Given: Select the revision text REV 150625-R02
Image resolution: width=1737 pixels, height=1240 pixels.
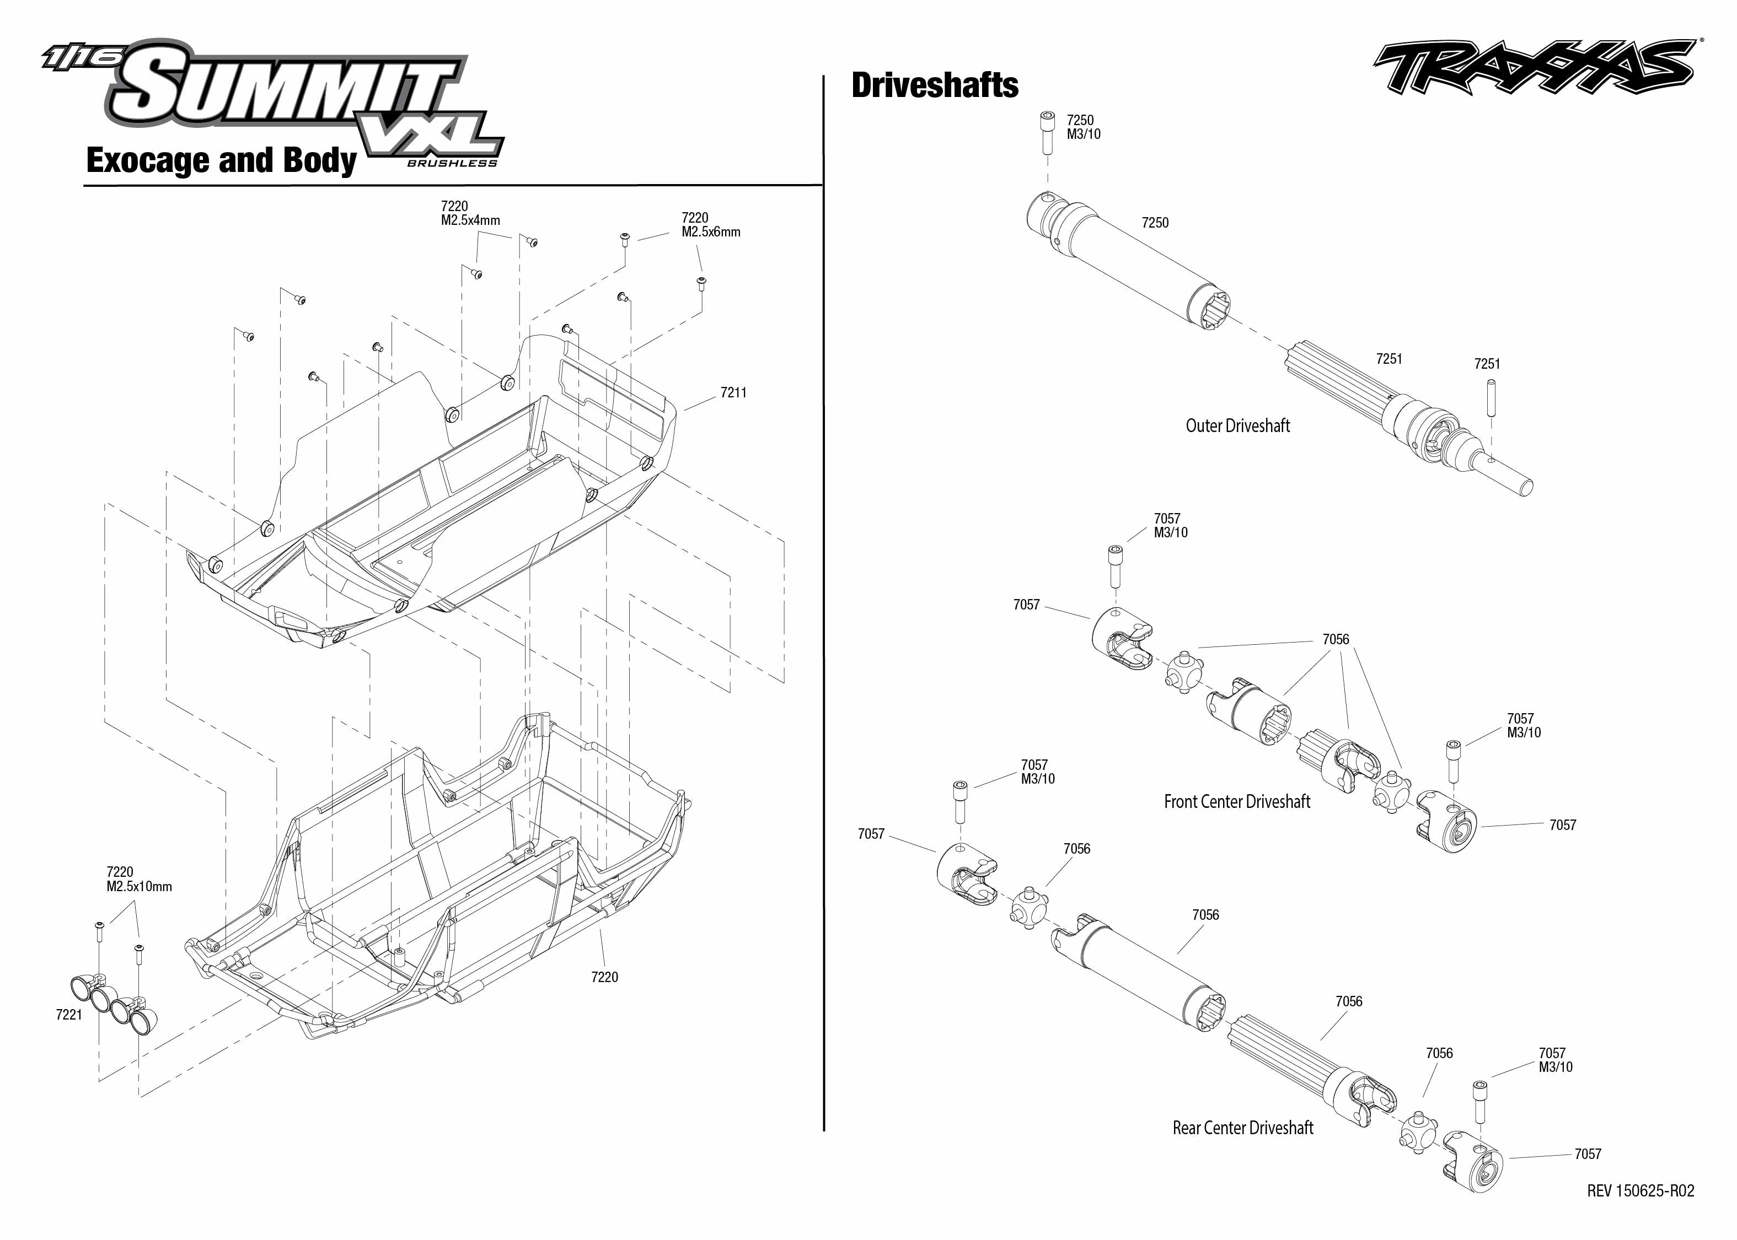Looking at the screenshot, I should click(x=1640, y=1190).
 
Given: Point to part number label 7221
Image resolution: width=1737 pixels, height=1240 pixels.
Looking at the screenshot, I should click(x=69, y=1014).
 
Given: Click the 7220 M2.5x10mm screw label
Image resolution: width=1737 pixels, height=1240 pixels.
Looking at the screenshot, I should click(x=138, y=880).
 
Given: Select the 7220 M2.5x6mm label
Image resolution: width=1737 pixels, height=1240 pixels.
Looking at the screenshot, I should click(x=710, y=224).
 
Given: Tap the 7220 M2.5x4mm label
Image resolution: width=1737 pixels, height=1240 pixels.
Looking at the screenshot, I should click(x=470, y=213).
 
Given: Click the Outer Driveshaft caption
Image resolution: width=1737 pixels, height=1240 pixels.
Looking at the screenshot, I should click(x=1237, y=426).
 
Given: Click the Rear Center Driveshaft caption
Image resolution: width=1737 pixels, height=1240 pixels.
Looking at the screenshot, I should click(x=1243, y=1128).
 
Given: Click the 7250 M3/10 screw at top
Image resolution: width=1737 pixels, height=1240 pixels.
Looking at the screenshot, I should click(x=1047, y=133).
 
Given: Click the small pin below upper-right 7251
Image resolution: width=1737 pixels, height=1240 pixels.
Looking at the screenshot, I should click(x=1491, y=398).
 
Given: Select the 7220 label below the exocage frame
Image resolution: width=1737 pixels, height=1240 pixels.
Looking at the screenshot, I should click(x=604, y=977).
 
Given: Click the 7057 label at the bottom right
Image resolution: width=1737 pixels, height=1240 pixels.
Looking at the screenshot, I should click(x=1587, y=1153).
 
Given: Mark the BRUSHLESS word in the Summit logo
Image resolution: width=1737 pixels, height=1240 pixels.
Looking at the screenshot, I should click(x=452, y=163).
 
